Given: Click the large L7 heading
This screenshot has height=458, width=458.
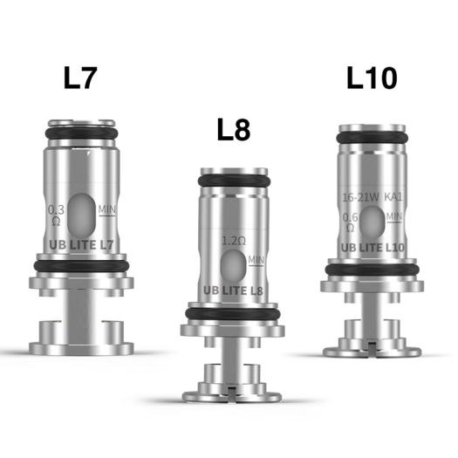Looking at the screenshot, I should (81, 79).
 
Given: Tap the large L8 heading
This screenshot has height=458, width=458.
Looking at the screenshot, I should (232, 131).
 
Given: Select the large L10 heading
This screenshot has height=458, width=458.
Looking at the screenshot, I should (371, 79).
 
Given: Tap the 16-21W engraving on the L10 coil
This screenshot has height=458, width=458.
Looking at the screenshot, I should (359, 199).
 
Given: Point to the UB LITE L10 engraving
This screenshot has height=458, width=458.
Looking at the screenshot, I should (373, 247).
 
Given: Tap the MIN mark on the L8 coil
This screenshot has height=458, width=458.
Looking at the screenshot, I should (256, 259).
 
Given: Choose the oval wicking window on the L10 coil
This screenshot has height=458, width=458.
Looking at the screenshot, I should (371, 215).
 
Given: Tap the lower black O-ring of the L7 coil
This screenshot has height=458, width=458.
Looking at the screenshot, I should (82, 265).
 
